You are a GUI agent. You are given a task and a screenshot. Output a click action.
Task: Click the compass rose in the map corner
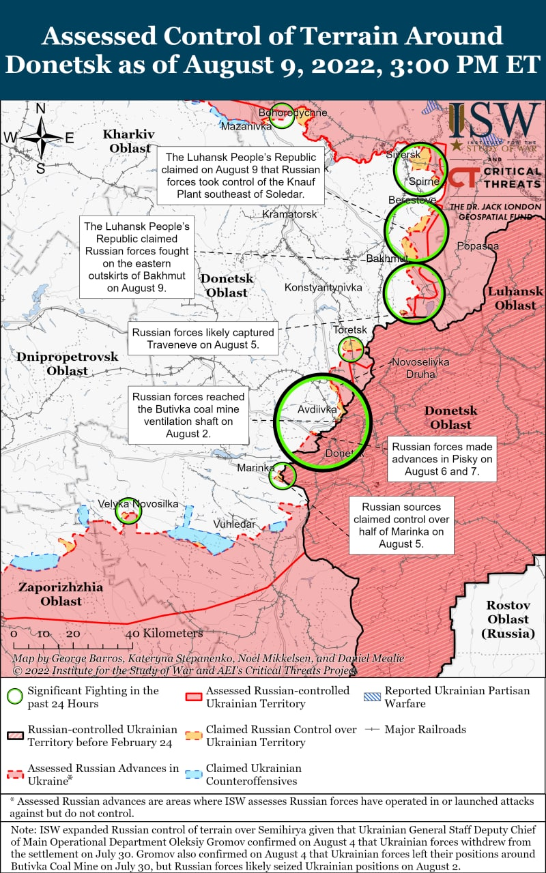(41, 138)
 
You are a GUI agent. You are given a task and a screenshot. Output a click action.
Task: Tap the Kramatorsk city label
(289, 214)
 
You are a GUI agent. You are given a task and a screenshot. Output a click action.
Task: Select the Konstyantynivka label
(323, 288)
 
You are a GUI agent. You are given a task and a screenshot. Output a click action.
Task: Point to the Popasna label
(478, 246)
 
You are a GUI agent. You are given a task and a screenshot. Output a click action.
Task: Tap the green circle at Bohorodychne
(281, 116)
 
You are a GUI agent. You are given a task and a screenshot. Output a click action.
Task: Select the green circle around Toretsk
(351, 349)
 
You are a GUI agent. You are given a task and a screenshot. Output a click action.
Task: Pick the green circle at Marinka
(283, 476)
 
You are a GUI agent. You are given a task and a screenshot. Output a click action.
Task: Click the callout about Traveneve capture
(203, 339)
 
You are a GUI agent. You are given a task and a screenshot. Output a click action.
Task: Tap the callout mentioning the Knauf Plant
(240, 175)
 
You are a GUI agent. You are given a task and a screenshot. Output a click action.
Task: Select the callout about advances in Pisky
(442, 459)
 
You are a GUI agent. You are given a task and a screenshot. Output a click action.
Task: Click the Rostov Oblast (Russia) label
(508, 619)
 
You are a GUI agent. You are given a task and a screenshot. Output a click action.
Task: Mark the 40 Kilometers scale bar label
(164, 634)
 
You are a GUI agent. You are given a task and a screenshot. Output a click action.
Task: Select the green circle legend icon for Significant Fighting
(15, 696)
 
